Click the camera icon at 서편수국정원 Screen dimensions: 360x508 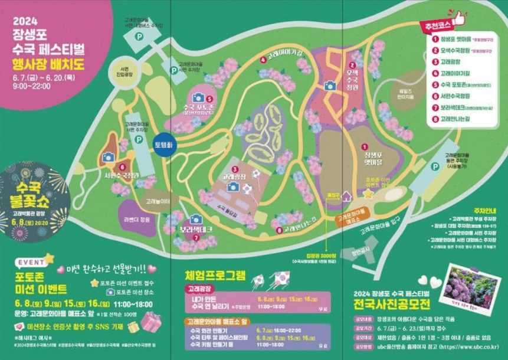coord(108,157)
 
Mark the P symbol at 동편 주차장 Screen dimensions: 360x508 coord(435,166)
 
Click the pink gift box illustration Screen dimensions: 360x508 coord(150,322)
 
